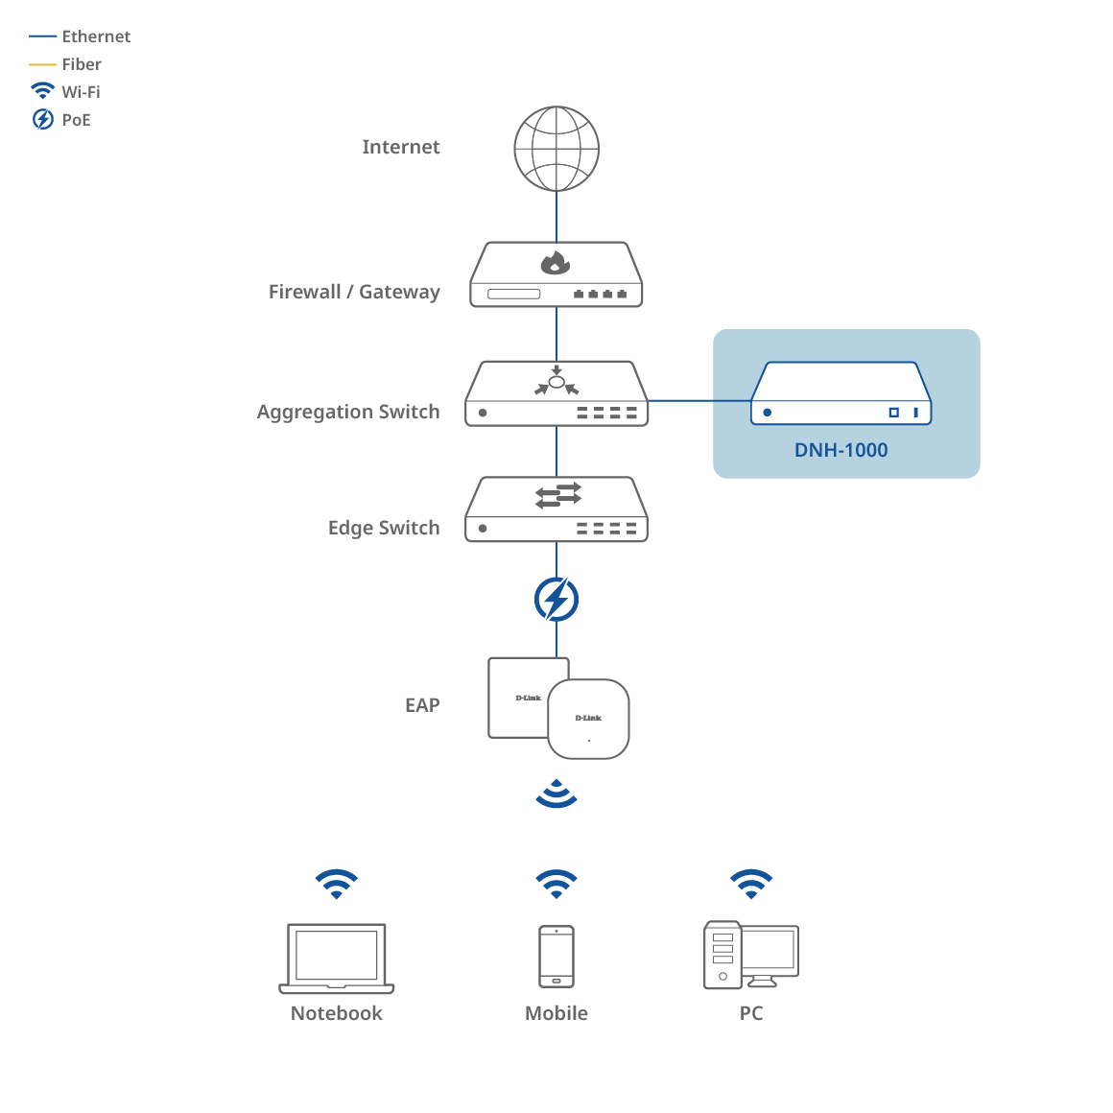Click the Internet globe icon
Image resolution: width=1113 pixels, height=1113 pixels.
point(556,149)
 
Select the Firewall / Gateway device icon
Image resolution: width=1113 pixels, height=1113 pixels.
point(556,275)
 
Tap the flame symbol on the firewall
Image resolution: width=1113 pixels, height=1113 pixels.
point(556,262)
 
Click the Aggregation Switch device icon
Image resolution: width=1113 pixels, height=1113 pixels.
point(556,393)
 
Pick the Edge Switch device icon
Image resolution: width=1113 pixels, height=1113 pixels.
point(556,509)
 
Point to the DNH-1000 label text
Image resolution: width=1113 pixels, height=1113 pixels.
point(841,450)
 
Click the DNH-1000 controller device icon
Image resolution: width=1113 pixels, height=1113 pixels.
point(841,393)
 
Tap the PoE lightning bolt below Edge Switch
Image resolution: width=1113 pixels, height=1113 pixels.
point(556,600)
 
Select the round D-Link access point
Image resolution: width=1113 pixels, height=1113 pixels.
point(589,720)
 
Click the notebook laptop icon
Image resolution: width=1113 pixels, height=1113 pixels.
point(337,959)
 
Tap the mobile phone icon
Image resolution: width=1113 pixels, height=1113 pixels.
point(556,957)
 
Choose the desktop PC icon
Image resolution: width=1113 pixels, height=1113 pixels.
point(751,956)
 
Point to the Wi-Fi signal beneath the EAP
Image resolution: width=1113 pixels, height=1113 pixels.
point(556,795)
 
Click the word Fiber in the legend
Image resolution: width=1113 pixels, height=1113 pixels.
point(82,64)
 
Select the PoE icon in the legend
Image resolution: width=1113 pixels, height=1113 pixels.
point(43,120)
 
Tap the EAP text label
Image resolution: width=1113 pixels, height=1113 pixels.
point(422,705)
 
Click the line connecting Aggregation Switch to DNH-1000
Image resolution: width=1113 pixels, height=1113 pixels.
point(699,401)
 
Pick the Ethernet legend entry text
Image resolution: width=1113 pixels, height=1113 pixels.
point(96,36)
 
